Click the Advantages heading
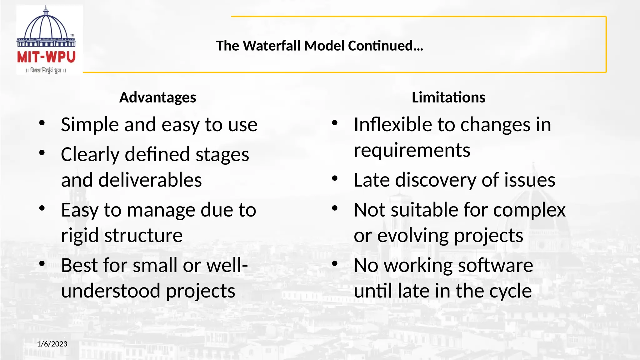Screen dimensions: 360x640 pyautogui.click(x=157, y=97)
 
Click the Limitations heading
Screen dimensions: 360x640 pyautogui.click(x=448, y=97)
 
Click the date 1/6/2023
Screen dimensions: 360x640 pyautogui.click(x=52, y=344)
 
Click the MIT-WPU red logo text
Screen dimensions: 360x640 pyautogui.click(x=46, y=57)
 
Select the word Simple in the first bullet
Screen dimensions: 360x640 pyautogui.click(x=90, y=125)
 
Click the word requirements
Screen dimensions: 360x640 pyautogui.click(x=412, y=151)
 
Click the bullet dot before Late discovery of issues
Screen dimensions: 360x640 pyautogui.click(x=335, y=178)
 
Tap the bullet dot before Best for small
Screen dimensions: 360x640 pyautogui.click(x=42, y=264)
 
